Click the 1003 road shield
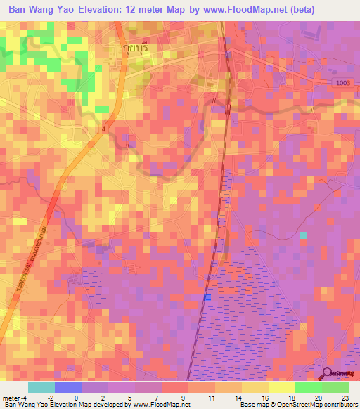tap(340, 83)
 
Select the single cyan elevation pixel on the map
tap(303, 235)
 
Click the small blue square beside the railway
tap(207, 299)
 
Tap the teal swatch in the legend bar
tap(41, 387)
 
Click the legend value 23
tap(345, 397)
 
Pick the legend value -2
tap(50, 397)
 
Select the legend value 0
tap(77, 397)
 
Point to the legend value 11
tap(211, 397)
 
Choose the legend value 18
tap(291, 397)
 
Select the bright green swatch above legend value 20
tap(308, 387)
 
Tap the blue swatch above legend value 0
tap(68, 387)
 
